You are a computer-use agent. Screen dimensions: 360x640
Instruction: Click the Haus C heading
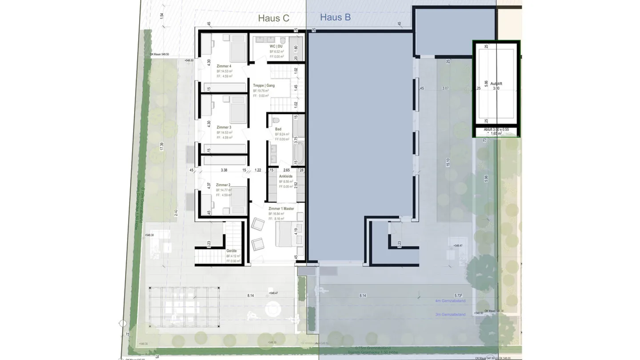[x=274, y=18]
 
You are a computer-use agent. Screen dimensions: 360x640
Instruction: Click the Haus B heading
[x=335, y=17]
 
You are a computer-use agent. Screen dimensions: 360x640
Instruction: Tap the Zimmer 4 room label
[x=224, y=66]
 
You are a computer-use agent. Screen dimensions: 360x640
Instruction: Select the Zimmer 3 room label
[x=224, y=128]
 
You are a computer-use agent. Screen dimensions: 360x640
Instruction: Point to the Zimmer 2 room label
[x=223, y=185]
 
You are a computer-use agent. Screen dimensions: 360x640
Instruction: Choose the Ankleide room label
[x=285, y=176]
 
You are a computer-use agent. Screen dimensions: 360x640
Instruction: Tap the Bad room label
[x=278, y=129]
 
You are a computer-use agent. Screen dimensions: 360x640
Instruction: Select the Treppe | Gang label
[x=264, y=85]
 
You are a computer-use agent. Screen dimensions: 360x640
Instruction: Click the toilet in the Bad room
[x=276, y=120]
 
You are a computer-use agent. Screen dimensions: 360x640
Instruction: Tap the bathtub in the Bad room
[x=298, y=153]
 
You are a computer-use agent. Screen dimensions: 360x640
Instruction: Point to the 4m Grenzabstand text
[x=450, y=301]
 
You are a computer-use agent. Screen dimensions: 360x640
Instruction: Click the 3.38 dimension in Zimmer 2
[x=224, y=170]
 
